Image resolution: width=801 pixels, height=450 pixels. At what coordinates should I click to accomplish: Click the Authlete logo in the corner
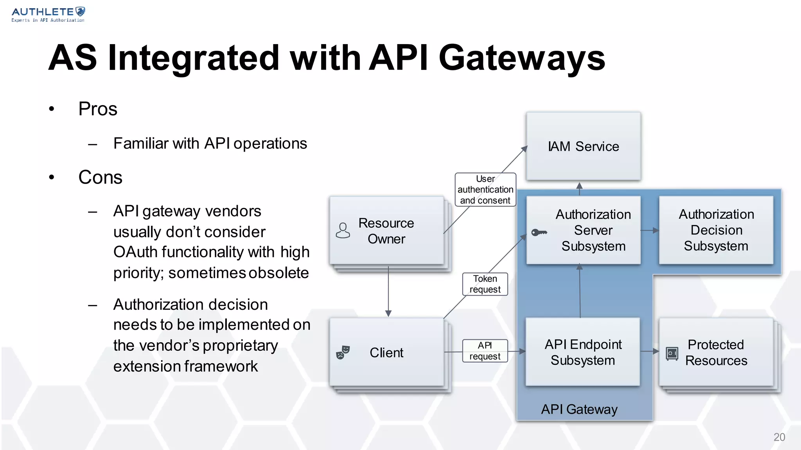point(48,14)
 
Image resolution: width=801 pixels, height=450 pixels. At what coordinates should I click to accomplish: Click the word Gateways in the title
point(522,58)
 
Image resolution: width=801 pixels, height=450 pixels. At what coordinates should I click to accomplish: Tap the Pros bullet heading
point(98,109)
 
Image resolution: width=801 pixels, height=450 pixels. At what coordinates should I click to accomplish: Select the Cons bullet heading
point(100,177)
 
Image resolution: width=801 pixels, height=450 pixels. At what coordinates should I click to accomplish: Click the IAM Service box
point(583,146)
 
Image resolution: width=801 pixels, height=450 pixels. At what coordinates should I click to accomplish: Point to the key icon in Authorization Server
point(539,232)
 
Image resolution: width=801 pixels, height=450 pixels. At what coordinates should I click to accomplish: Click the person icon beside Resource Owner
point(343,230)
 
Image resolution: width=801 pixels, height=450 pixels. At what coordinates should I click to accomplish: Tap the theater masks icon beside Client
point(343,352)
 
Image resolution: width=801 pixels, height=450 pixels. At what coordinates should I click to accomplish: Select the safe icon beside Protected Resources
point(672,354)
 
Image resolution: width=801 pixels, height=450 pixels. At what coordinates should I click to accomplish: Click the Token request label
point(485,284)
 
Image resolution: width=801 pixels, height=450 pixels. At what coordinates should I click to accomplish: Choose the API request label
point(485,351)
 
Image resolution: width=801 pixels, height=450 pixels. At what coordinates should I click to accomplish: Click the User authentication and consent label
point(485,189)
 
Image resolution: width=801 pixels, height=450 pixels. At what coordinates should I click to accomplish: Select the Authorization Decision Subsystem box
point(716,230)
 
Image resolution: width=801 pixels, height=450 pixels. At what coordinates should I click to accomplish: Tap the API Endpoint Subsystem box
point(583,352)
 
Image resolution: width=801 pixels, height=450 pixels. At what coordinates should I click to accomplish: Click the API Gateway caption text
point(579,409)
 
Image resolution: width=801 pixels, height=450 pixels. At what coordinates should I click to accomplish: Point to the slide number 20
point(779,437)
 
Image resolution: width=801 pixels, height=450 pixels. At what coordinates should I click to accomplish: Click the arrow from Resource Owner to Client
point(388,291)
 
